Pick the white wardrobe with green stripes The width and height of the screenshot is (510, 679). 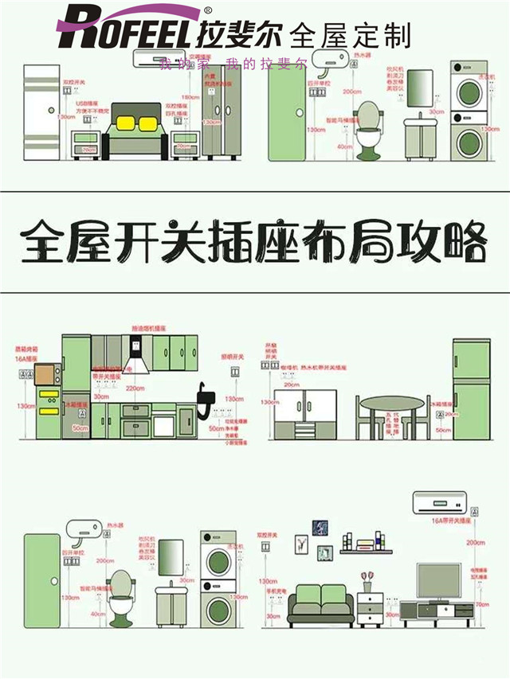[x=41, y=111]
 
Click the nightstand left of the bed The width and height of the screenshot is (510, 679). [x=85, y=145]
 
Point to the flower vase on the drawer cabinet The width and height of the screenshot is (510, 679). [x=367, y=579]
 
